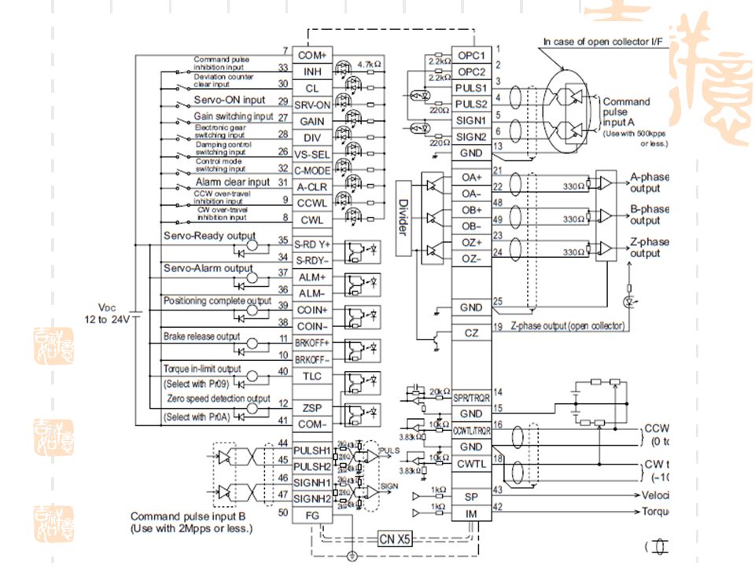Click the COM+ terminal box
(x=312, y=55)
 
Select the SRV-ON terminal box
(x=312, y=105)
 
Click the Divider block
(x=402, y=216)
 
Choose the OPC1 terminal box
(x=472, y=55)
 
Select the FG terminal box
(x=312, y=514)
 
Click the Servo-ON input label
(x=230, y=101)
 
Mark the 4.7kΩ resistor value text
(x=369, y=63)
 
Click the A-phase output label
(x=649, y=182)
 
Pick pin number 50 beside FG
(x=282, y=513)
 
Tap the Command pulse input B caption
(x=191, y=523)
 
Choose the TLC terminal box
(x=312, y=376)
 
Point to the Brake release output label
(x=201, y=336)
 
